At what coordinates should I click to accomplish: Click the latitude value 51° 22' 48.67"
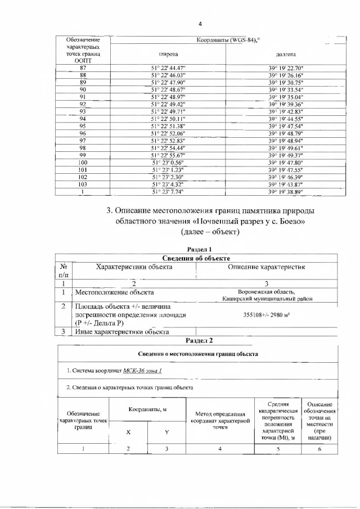pyautogui.click(x=168, y=89)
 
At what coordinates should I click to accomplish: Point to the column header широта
pyautogui.click(x=168, y=54)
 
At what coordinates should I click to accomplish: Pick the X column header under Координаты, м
pyautogui.click(x=128, y=433)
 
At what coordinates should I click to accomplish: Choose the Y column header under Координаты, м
pyautogui.click(x=166, y=433)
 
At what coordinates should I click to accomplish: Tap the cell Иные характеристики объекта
pyautogui.click(x=122, y=331)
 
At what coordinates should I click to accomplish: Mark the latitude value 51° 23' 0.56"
pyautogui.click(x=168, y=162)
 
